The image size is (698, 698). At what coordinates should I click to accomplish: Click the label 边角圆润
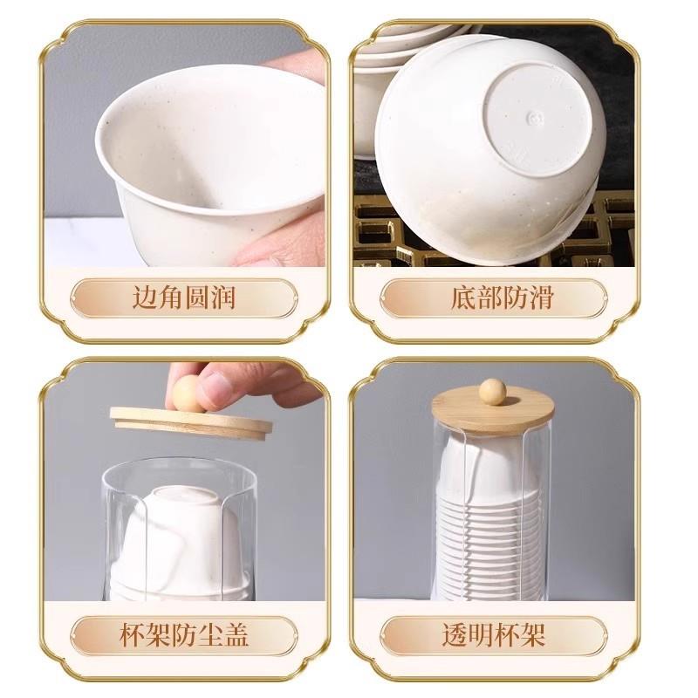click(183, 298)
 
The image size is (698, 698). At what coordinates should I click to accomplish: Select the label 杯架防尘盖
click(183, 633)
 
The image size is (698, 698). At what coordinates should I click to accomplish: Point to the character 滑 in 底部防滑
click(540, 298)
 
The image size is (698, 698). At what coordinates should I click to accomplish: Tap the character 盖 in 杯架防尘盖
click(235, 633)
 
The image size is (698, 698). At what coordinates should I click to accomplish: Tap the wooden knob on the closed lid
click(493, 390)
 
